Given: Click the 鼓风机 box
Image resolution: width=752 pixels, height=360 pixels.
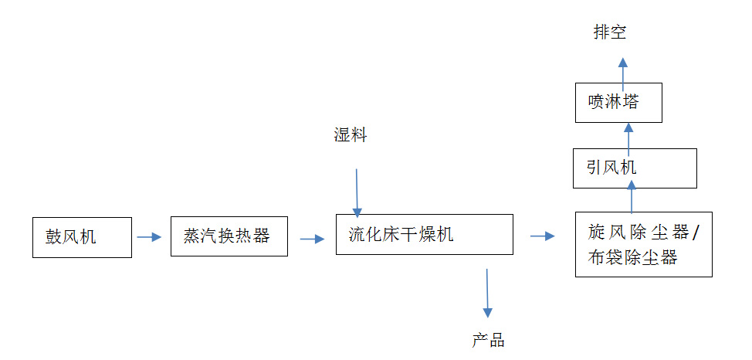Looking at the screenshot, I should (82, 237).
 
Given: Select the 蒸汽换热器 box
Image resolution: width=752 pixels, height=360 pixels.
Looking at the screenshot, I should (229, 236).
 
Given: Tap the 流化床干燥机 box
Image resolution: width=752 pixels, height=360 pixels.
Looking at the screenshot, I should (425, 234).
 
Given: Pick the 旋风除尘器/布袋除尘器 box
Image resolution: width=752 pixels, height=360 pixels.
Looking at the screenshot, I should (644, 244).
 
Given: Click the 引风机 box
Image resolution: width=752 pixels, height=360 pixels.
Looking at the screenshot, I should (635, 168).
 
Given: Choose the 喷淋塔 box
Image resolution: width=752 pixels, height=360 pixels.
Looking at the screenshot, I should (618, 102).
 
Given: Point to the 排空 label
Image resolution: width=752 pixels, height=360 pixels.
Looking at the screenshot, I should (610, 32).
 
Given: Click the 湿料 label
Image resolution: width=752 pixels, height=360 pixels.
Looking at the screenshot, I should (350, 136).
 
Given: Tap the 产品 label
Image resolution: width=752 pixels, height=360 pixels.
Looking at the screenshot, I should (488, 340).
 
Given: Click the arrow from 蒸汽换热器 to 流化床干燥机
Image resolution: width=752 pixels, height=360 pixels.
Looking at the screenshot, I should (312, 239).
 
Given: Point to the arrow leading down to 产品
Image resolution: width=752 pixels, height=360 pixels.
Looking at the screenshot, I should (487, 293).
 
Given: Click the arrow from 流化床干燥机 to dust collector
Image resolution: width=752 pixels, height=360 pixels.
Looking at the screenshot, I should (543, 236).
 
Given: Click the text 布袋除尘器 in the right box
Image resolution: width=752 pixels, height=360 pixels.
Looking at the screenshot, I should (632, 258).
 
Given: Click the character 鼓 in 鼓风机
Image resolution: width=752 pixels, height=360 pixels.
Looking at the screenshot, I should (52, 237).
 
